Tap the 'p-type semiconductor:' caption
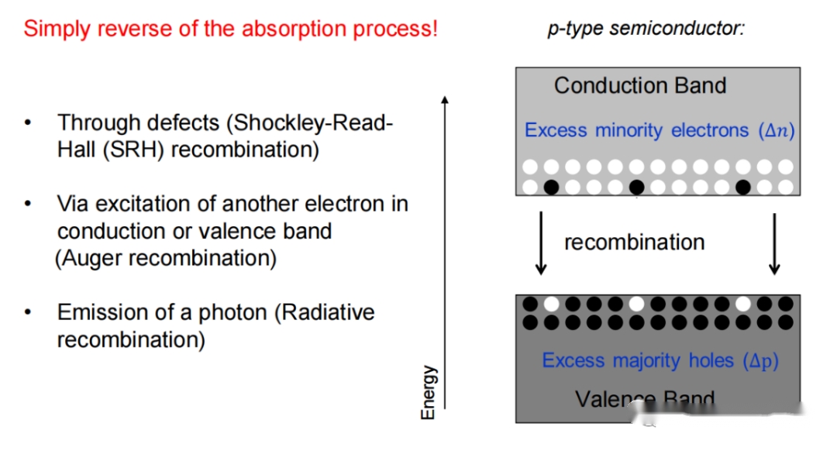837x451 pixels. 646,29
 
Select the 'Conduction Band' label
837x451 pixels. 640,85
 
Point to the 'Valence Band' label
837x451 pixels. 645,399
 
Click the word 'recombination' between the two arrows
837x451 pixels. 634,243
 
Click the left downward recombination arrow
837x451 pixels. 541,243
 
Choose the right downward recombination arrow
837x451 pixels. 774,243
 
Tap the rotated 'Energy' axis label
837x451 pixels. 428,392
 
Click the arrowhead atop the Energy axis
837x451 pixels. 445,99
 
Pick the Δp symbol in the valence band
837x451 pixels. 761,361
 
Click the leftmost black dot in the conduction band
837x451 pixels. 551,187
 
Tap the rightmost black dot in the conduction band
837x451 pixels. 743,187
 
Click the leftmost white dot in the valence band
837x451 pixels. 551,305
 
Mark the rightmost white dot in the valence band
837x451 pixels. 743,305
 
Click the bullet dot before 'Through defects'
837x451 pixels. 28,122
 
